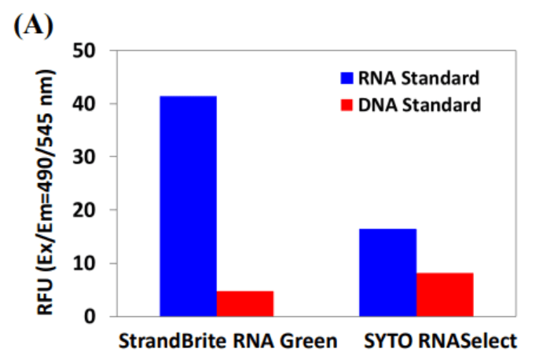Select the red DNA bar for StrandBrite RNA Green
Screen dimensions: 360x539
click(x=245, y=303)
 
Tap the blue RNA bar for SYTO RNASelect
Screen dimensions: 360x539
click(x=388, y=272)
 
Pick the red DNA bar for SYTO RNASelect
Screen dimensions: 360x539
click(x=445, y=294)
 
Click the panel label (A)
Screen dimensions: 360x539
click(x=32, y=27)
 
